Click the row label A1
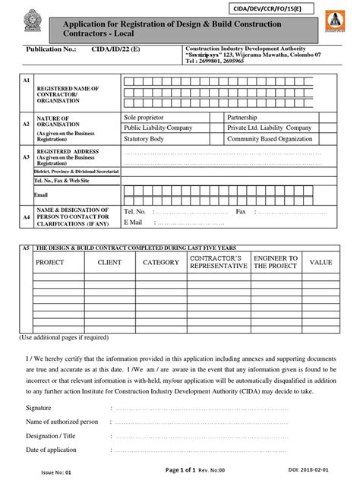(26, 80)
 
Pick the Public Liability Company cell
(158, 128)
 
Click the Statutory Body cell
(147, 140)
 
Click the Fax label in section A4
(242, 211)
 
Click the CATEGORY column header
(161, 263)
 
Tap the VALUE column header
(321, 263)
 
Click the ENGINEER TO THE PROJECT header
(275, 263)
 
